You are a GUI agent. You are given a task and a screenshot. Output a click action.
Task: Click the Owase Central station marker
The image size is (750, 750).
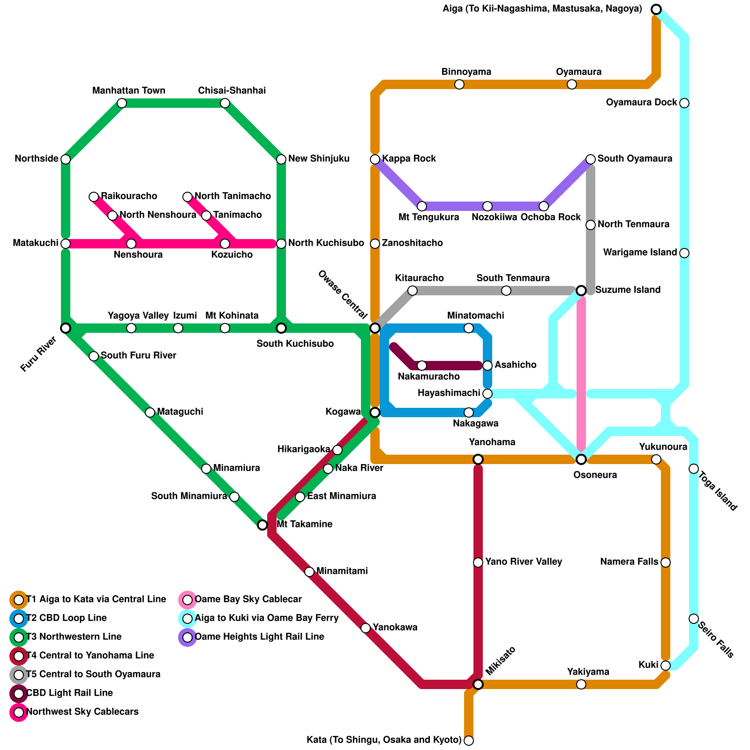[375, 328]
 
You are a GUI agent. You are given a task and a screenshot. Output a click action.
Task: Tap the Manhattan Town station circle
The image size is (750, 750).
[122, 103]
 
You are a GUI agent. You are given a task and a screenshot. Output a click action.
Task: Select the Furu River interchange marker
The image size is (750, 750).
[66, 328]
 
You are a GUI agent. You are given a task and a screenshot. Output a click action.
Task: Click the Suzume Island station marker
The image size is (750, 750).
[581, 291]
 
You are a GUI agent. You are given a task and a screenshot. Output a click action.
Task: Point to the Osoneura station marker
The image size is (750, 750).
[581, 459]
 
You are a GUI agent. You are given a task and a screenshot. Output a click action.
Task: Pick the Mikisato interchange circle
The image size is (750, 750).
[478, 684]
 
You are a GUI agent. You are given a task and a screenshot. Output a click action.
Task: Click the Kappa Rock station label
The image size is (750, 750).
[409, 159]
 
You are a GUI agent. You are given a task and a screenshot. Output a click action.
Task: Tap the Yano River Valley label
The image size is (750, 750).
[523, 562]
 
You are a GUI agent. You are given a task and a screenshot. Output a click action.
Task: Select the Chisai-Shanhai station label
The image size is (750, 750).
[232, 90]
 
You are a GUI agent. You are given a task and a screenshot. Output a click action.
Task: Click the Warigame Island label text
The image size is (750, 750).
[640, 253]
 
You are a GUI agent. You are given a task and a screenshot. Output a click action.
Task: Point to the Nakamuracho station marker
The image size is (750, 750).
[422, 366]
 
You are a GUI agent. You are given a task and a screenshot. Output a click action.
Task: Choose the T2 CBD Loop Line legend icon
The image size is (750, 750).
[19, 619]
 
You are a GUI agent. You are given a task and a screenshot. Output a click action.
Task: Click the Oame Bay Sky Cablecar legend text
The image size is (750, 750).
[248, 600]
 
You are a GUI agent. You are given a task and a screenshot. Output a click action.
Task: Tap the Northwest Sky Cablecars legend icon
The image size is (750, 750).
[19, 712]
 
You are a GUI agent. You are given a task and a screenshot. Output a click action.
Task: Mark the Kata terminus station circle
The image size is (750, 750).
[469, 741]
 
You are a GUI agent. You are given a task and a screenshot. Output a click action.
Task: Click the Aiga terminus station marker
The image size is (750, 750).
[656, 9]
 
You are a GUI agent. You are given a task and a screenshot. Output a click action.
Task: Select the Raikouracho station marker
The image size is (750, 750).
[94, 197]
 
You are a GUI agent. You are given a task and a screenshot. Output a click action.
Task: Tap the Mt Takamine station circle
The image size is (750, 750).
[262, 525]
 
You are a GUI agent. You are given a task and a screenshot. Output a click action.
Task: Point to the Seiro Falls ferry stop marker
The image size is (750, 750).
[694, 619]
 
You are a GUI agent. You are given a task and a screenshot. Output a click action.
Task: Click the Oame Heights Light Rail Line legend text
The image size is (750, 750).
[259, 637]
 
